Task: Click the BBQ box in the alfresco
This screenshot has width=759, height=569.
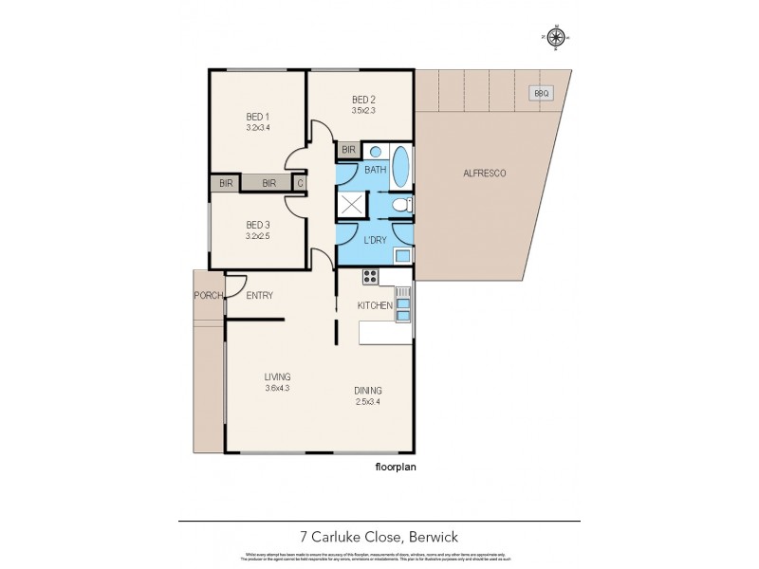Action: (542, 93)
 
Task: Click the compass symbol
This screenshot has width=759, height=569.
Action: (557, 37)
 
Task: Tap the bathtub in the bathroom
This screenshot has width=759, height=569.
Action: (401, 168)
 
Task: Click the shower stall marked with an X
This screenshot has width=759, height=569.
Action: (352, 205)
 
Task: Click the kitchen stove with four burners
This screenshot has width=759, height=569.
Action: (371, 277)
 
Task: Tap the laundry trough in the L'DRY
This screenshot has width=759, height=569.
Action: (402, 254)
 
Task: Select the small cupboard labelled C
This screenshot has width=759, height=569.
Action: (300, 183)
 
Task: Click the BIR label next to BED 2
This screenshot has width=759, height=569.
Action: (348, 150)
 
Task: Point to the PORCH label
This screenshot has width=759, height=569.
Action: (208, 296)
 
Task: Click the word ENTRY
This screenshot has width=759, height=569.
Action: (260, 296)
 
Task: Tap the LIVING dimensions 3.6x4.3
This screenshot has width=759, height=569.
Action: (277, 388)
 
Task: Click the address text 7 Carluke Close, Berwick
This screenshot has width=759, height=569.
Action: (379, 537)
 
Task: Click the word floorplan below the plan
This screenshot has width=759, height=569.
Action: (398, 467)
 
